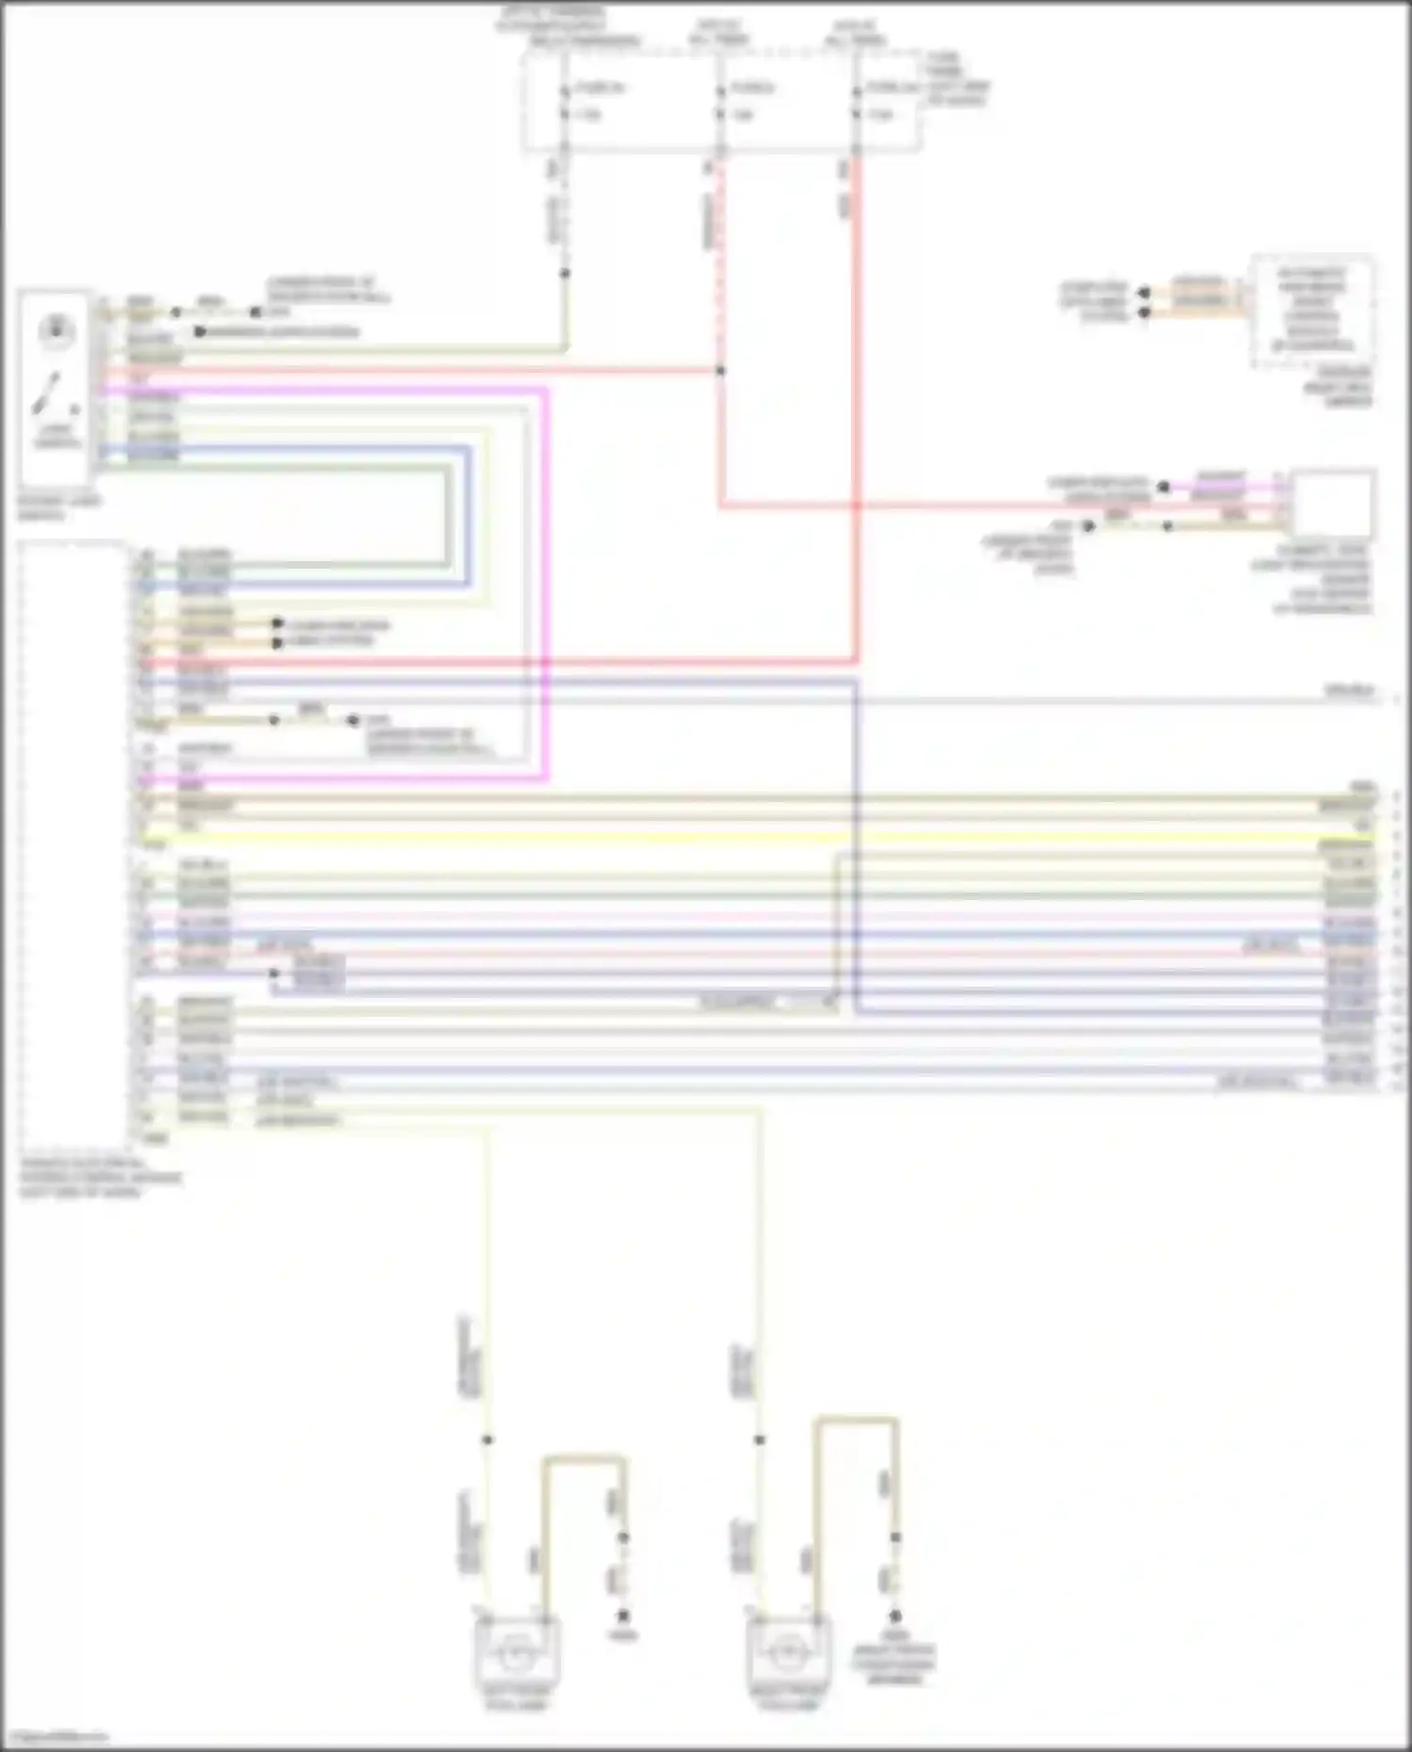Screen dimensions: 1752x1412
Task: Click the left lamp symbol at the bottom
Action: coord(516,1650)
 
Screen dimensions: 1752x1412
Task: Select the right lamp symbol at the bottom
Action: coord(789,1650)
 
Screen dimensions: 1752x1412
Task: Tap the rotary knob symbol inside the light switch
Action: coord(56,330)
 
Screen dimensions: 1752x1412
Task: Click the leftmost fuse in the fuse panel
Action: coord(565,102)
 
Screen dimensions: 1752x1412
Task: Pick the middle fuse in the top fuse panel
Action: coord(720,102)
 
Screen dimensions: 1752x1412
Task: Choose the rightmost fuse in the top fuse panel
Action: coord(857,102)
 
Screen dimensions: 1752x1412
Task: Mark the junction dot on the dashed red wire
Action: coord(720,371)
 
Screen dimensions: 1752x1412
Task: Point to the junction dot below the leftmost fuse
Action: coord(565,274)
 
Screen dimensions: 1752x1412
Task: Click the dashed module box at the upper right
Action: coord(1311,313)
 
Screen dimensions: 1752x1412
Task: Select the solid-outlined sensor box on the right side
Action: coord(1333,504)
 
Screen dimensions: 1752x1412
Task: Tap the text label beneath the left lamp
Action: coord(516,1697)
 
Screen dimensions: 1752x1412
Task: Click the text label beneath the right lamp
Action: coord(789,1697)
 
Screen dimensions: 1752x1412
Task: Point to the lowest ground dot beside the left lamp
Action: coord(622,1615)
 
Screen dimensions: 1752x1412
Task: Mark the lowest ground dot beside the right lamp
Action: coord(895,1615)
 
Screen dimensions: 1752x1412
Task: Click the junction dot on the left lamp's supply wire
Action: coord(488,1439)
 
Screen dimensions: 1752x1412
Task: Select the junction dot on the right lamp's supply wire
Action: coord(760,1439)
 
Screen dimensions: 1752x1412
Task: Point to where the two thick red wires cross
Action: coord(857,506)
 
